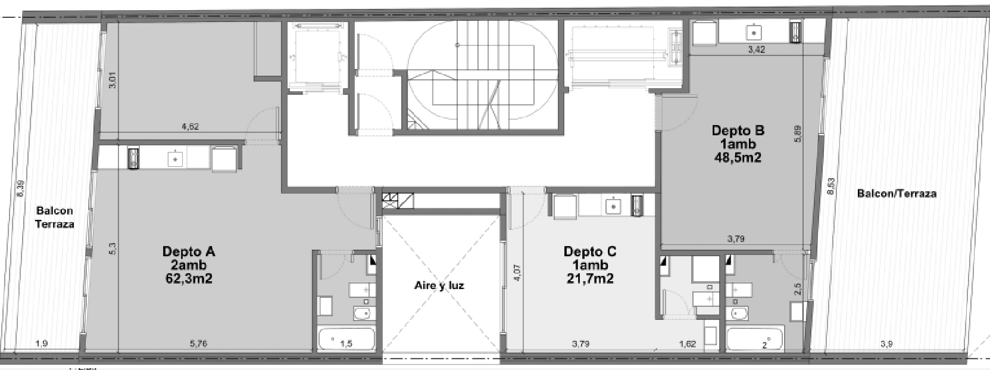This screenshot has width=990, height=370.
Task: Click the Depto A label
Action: tap(189, 251)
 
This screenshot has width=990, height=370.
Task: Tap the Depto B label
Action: tap(738, 130)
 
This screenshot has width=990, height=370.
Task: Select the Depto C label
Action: tap(590, 251)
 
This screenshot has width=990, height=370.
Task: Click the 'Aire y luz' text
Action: tap(439, 285)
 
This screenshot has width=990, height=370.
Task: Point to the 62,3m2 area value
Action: tap(188, 278)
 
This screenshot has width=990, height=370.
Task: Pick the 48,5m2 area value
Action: tap(738, 157)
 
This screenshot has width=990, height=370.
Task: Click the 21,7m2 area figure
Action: tap(589, 278)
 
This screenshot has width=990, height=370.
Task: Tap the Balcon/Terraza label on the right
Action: tap(897, 193)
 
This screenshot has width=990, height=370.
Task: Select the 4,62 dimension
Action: tap(190, 126)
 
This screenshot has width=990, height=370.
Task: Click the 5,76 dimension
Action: tap(198, 344)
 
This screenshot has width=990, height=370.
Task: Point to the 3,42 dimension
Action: tap(756, 50)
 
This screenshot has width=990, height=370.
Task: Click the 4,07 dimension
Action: tap(517, 273)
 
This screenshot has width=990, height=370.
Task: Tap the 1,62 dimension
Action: tap(688, 344)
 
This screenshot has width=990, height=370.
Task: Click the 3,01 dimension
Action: tap(113, 80)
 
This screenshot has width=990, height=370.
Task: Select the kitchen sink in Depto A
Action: tap(174, 158)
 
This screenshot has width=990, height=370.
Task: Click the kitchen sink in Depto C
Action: tap(613, 206)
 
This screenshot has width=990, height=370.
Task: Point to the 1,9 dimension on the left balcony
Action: tap(41, 344)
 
